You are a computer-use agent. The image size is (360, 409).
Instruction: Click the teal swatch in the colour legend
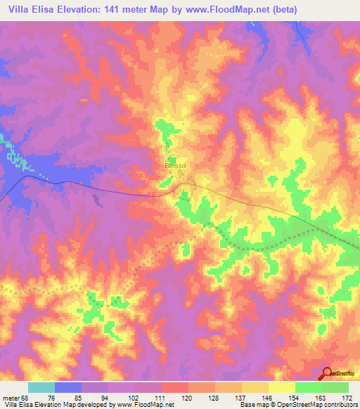pyautogui.click(x=41, y=387)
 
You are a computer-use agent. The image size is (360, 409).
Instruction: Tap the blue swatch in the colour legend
pyautogui.click(x=68, y=387)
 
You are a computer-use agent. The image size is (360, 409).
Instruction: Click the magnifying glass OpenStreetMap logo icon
pyautogui.click(x=326, y=373)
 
